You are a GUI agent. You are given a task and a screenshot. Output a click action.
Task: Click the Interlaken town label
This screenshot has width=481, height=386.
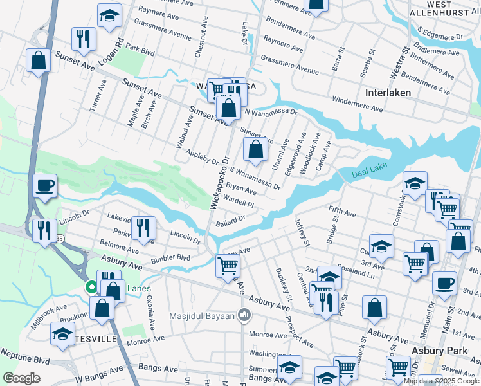388,93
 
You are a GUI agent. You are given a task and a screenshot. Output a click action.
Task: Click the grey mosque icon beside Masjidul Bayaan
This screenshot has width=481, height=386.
244,315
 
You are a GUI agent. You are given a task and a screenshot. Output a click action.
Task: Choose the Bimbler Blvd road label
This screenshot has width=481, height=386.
170,258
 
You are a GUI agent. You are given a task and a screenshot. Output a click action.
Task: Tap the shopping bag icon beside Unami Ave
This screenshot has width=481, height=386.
256,151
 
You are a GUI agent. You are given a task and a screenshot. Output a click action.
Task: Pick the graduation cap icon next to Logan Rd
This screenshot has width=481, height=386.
110,15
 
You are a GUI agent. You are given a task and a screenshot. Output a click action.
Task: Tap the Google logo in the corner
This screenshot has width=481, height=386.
21,378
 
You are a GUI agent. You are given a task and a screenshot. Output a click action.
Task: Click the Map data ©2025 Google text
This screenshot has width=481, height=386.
440,381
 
